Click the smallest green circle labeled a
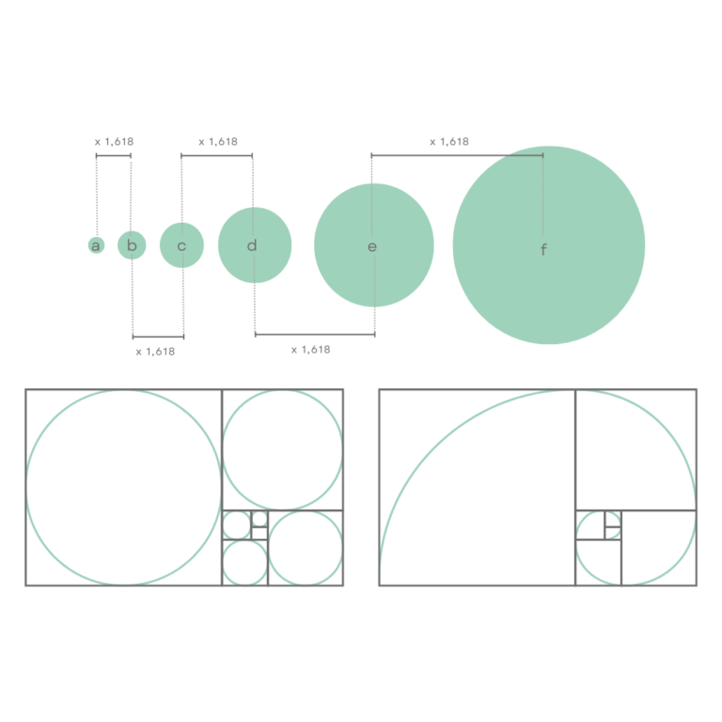click(x=96, y=245)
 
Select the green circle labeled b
click(x=132, y=245)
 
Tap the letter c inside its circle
click(x=181, y=246)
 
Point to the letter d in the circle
click(x=251, y=245)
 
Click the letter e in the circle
click(x=372, y=247)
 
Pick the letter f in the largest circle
click(x=543, y=249)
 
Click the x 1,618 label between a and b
click(x=114, y=142)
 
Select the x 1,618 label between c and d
click(x=218, y=142)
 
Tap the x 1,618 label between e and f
click(x=449, y=142)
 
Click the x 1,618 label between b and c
click(x=156, y=352)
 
